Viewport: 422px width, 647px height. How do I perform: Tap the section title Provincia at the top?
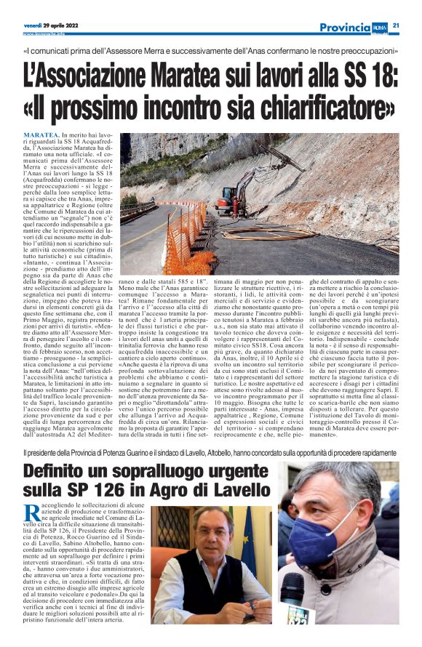(x=345, y=27)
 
